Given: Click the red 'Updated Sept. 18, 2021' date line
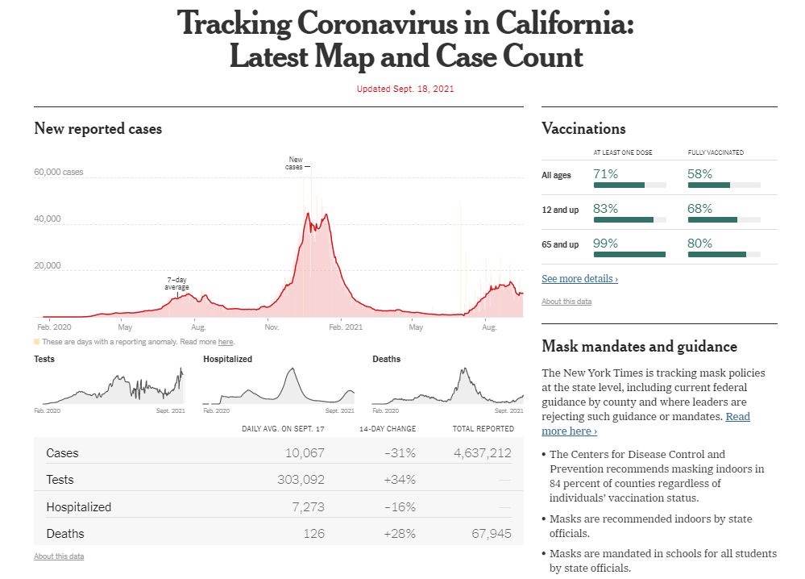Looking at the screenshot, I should pos(405,89).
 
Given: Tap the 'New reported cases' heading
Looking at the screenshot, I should pos(98,129).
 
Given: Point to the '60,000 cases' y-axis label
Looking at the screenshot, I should pos(58,173).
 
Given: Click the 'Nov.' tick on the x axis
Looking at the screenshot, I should pos(272,327).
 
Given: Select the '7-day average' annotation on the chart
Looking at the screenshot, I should pos(177,284).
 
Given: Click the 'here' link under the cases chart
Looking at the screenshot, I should pos(226,342).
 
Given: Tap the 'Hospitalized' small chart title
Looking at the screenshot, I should pos(227,359).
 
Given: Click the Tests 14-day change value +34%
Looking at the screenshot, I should pos(400,480).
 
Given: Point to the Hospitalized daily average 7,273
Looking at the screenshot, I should pos(308,507).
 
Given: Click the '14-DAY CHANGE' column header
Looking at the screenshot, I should pos(388,428).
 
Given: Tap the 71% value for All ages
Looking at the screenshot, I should pos(605,173).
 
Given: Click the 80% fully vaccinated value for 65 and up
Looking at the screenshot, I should pos(699,244).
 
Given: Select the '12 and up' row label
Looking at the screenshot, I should pos(560,210).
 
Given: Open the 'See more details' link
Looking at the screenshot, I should pos(579,279).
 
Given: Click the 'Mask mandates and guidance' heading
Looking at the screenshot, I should pos(639,347).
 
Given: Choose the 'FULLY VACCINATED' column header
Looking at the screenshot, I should pos(716,152).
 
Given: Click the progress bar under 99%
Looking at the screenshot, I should pos(629,255).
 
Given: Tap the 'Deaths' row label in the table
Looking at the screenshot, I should pos(65,534).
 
